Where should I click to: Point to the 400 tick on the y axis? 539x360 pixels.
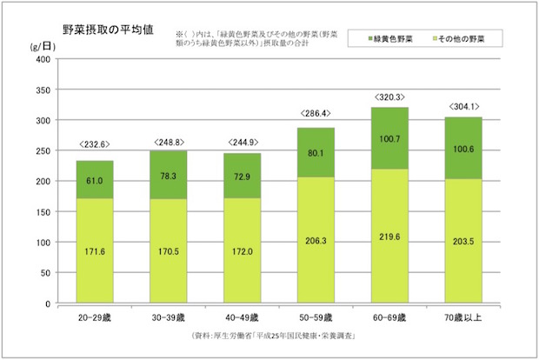(43, 59)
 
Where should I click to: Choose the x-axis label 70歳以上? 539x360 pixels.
(463, 316)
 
